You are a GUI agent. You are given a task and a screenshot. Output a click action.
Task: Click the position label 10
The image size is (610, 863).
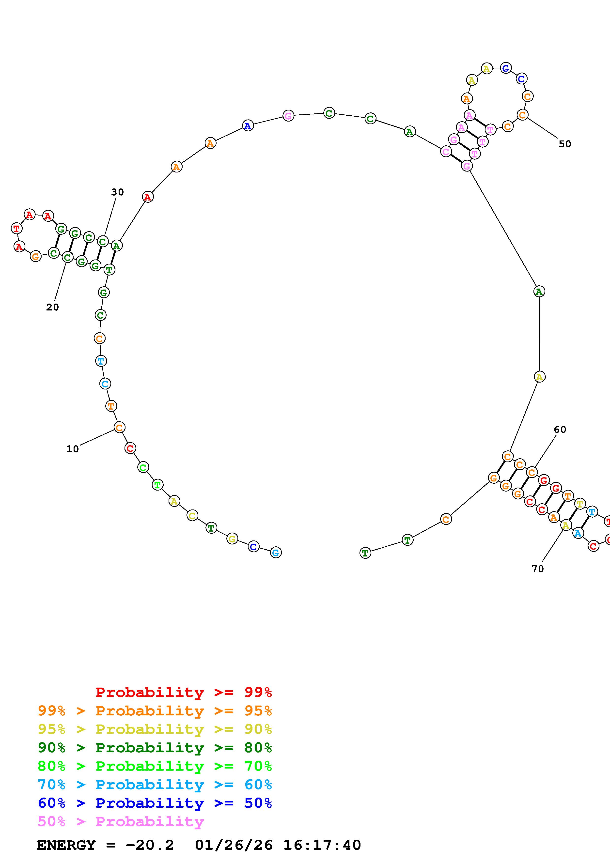click(73, 449)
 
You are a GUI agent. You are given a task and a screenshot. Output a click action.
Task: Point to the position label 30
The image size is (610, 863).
click(118, 192)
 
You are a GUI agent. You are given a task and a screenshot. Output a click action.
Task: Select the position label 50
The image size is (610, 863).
click(564, 144)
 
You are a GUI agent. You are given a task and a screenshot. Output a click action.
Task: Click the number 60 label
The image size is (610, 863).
click(560, 429)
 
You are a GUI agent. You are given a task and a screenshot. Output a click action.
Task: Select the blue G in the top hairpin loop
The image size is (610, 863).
click(506, 68)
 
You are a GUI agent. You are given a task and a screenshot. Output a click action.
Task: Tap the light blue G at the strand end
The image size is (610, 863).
click(276, 553)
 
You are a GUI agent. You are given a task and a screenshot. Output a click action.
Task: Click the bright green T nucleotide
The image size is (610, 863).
click(157, 485)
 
